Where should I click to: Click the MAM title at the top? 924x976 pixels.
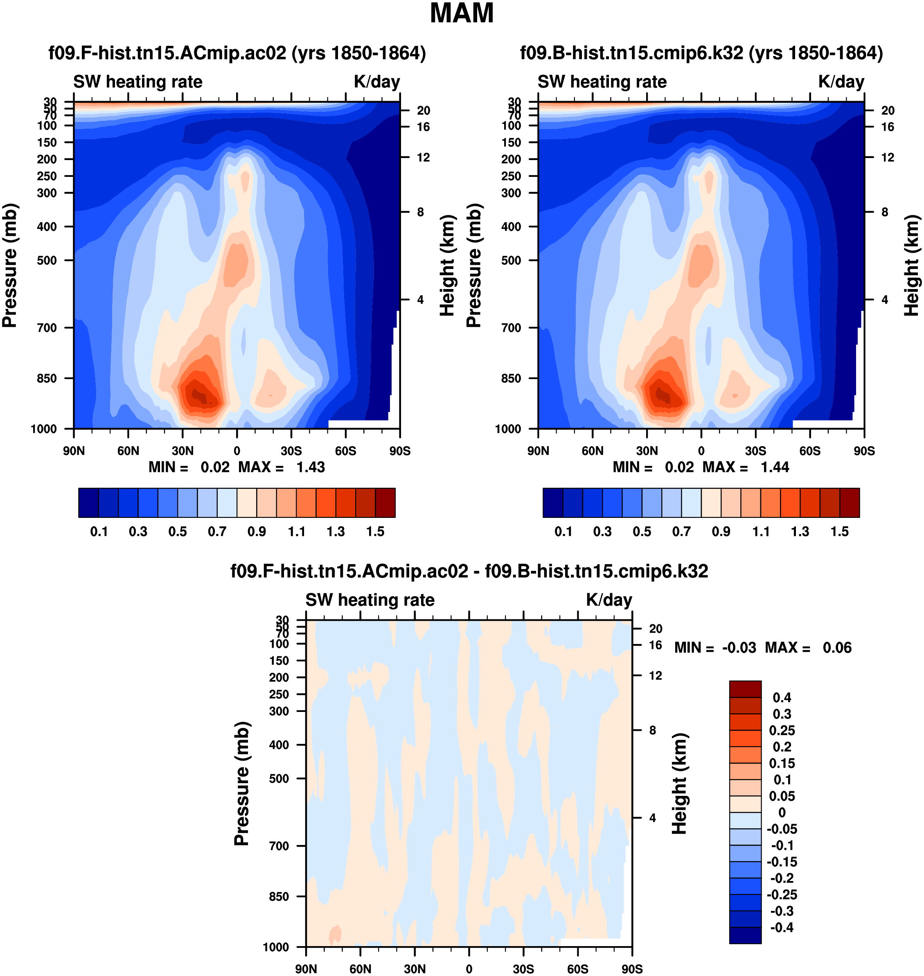pos(462,13)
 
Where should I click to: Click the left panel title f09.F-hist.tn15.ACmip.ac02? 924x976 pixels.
pos(237,53)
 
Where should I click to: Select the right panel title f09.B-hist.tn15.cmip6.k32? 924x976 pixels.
pos(701,53)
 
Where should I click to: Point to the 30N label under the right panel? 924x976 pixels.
pos(646,451)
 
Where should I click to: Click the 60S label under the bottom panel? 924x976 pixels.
pos(577,969)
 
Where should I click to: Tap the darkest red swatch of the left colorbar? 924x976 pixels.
pos(385,503)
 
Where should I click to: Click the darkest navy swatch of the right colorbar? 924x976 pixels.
pos(552,503)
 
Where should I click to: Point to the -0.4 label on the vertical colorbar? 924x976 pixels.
pos(782,927)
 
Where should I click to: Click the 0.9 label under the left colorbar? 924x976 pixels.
pos(257,532)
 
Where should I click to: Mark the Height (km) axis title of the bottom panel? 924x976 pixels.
pos(680,783)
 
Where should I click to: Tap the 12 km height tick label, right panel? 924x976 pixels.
pos(888,158)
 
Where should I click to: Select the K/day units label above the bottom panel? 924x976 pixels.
pos(609,600)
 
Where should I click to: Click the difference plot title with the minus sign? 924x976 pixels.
pos(469,571)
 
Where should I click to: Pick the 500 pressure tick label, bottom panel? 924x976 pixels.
pos(279,778)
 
